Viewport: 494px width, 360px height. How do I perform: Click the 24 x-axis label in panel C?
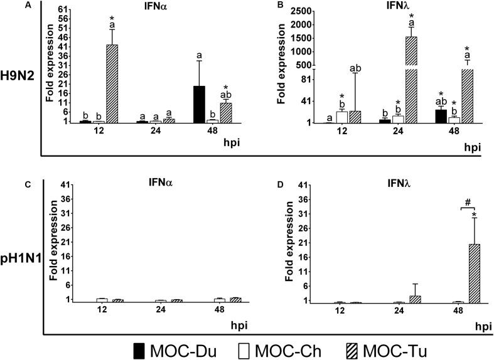[161, 310]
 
